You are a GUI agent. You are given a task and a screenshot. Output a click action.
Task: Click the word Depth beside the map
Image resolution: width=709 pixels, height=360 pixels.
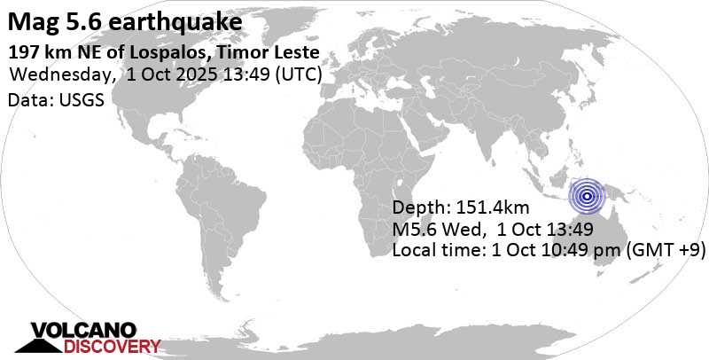[417, 209]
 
